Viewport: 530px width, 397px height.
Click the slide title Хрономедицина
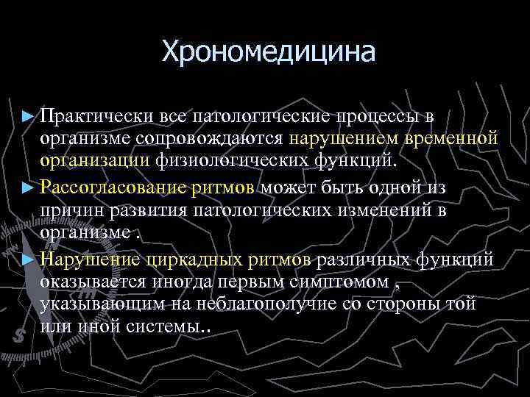click(268, 51)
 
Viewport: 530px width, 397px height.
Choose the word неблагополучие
click(295, 304)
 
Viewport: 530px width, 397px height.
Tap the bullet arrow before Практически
click(29, 117)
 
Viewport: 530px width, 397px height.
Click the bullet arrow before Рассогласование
click(29, 187)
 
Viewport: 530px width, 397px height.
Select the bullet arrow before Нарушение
click(29, 260)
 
